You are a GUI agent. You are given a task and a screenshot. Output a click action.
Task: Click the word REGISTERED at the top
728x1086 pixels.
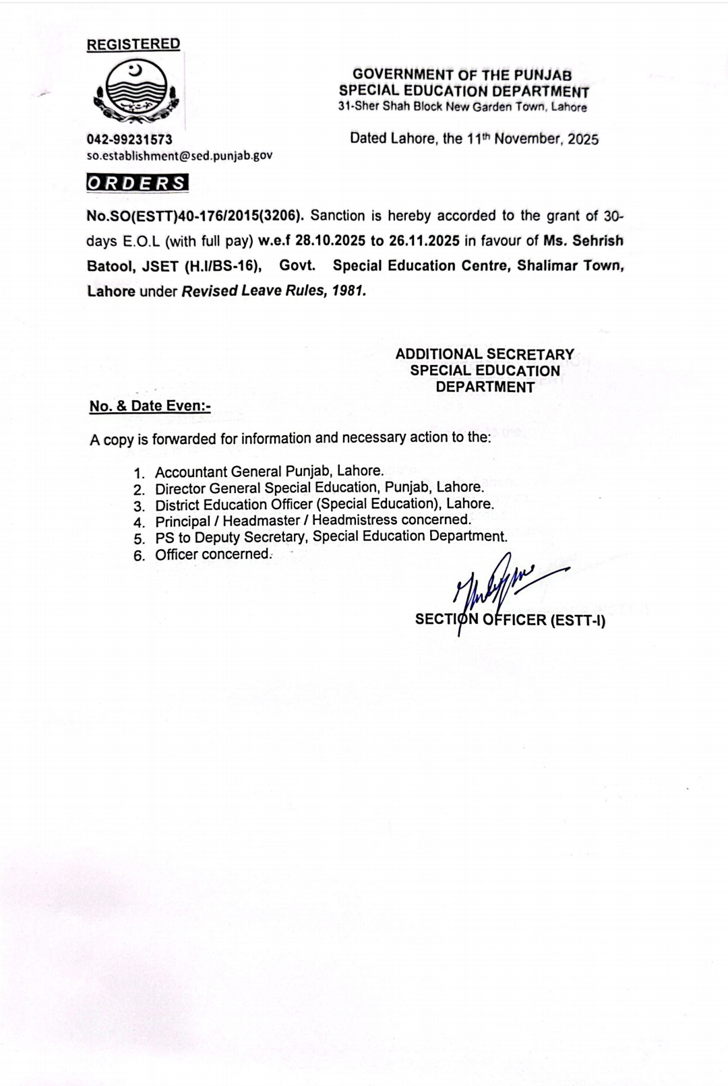pyautogui.click(x=133, y=44)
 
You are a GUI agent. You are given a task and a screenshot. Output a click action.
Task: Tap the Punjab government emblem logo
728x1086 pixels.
pyautogui.click(x=136, y=94)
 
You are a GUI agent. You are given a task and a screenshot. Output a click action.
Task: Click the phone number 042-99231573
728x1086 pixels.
pyautogui.click(x=129, y=139)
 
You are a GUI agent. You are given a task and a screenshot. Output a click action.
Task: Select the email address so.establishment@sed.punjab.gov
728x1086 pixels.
pyautogui.click(x=179, y=156)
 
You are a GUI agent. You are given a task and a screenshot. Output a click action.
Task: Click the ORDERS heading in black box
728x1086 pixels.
pyautogui.click(x=138, y=183)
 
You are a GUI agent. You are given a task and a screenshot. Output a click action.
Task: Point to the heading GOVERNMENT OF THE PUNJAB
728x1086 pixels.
pyautogui.click(x=462, y=75)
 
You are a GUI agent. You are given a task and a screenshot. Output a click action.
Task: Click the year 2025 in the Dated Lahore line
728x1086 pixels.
pyautogui.click(x=583, y=139)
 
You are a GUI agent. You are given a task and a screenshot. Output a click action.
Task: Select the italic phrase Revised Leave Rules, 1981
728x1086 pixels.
pyautogui.click(x=274, y=292)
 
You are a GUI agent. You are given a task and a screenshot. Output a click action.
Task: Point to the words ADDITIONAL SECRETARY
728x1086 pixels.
pyautogui.click(x=485, y=354)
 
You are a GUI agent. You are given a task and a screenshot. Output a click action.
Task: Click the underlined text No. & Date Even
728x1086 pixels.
pyautogui.click(x=150, y=406)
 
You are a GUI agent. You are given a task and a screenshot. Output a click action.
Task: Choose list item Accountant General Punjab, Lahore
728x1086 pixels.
pyautogui.click(x=269, y=472)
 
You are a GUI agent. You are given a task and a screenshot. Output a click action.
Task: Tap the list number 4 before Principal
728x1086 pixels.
pyautogui.click(x=139, y=522)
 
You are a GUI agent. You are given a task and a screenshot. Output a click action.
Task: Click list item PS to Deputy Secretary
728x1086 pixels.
pyautogui.click(x=330, y=537)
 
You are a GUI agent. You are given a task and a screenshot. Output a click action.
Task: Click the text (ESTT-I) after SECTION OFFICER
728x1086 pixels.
pyautogui.click(x=578, y=620)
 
